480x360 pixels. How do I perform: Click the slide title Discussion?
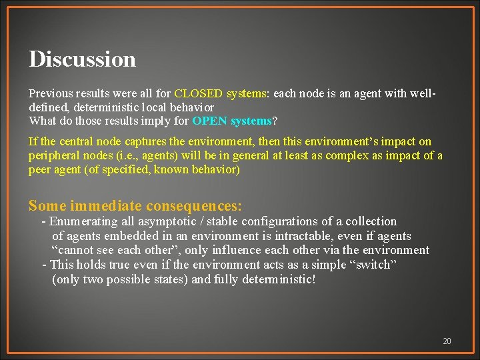[82, 59]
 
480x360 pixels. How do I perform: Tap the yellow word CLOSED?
[198, 93]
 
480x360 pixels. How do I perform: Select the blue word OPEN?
[210, 121]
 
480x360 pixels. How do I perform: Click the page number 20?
[447, 341]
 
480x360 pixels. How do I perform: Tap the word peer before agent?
[41, 169]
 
